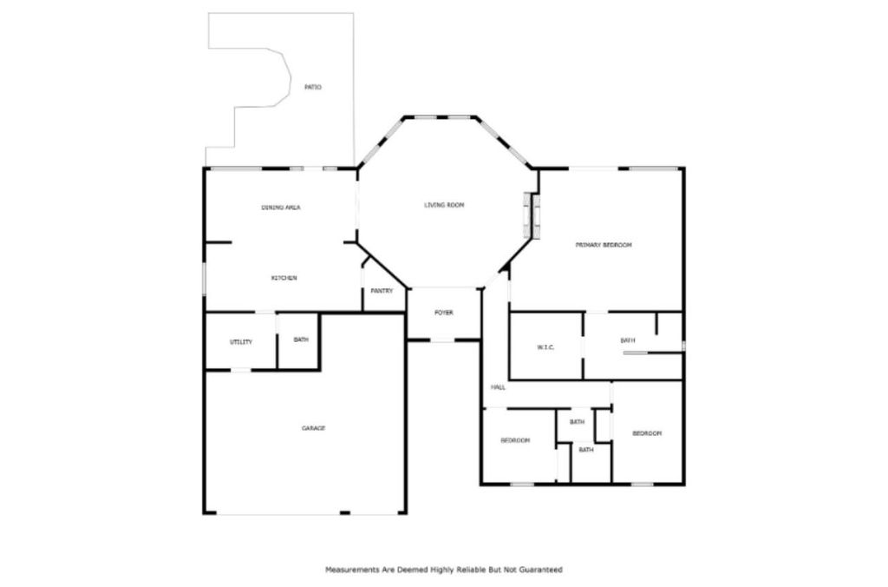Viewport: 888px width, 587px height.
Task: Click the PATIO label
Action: click(312, 88)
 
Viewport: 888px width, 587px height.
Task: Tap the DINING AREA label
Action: click(280, 208)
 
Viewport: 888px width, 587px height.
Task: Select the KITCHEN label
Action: click(284, 278)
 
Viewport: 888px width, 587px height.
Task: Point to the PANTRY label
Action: click(382, 291)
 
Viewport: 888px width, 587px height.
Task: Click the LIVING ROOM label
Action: click(444, 205)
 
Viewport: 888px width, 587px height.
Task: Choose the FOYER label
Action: click(443, 313)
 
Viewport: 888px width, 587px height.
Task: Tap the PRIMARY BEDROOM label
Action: click(604, 245)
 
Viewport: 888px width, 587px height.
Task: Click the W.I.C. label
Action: click(545, 347)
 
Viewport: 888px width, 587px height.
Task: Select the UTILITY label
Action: click(241, 342)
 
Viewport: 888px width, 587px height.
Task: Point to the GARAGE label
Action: click(313, 428)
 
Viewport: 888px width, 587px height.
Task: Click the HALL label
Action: click(498, 387)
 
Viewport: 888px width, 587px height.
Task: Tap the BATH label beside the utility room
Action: click(301, 340)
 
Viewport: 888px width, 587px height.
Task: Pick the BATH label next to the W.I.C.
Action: click(628, 340)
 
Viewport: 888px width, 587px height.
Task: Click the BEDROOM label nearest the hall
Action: click(515, 440)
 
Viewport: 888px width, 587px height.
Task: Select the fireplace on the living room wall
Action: click(532, 215)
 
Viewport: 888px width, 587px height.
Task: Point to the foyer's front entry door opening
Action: click(443, 340)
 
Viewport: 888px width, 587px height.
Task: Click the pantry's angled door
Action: click(365, 263)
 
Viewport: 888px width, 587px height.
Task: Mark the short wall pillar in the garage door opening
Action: click(344, 513)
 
